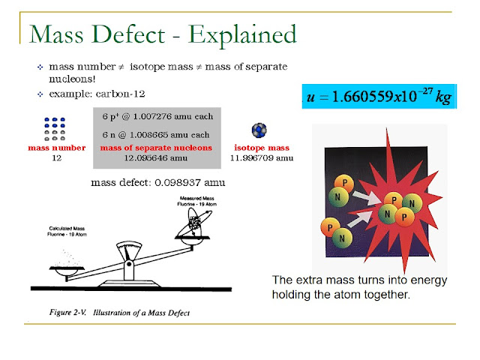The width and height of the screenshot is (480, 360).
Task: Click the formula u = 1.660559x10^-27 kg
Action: pyautogui.click(x=378, y=97)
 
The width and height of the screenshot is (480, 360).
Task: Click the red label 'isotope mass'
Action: pyautogui.click(x=262, y=148)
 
